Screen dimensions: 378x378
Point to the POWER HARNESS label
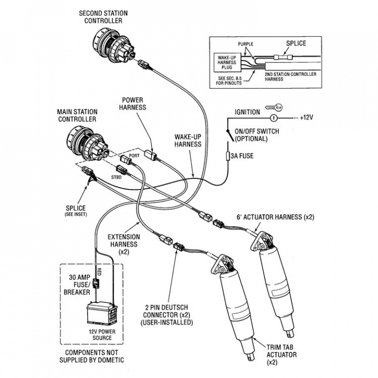click(x=133, y=104)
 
